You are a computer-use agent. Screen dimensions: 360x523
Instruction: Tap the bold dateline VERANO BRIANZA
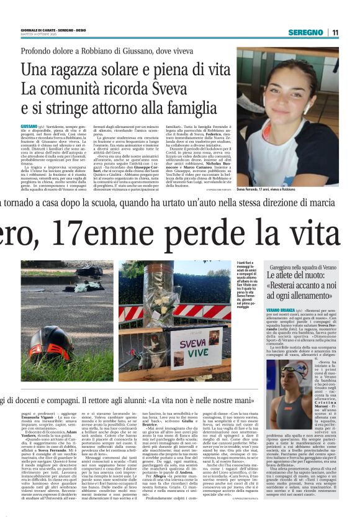tap(283, 308)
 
